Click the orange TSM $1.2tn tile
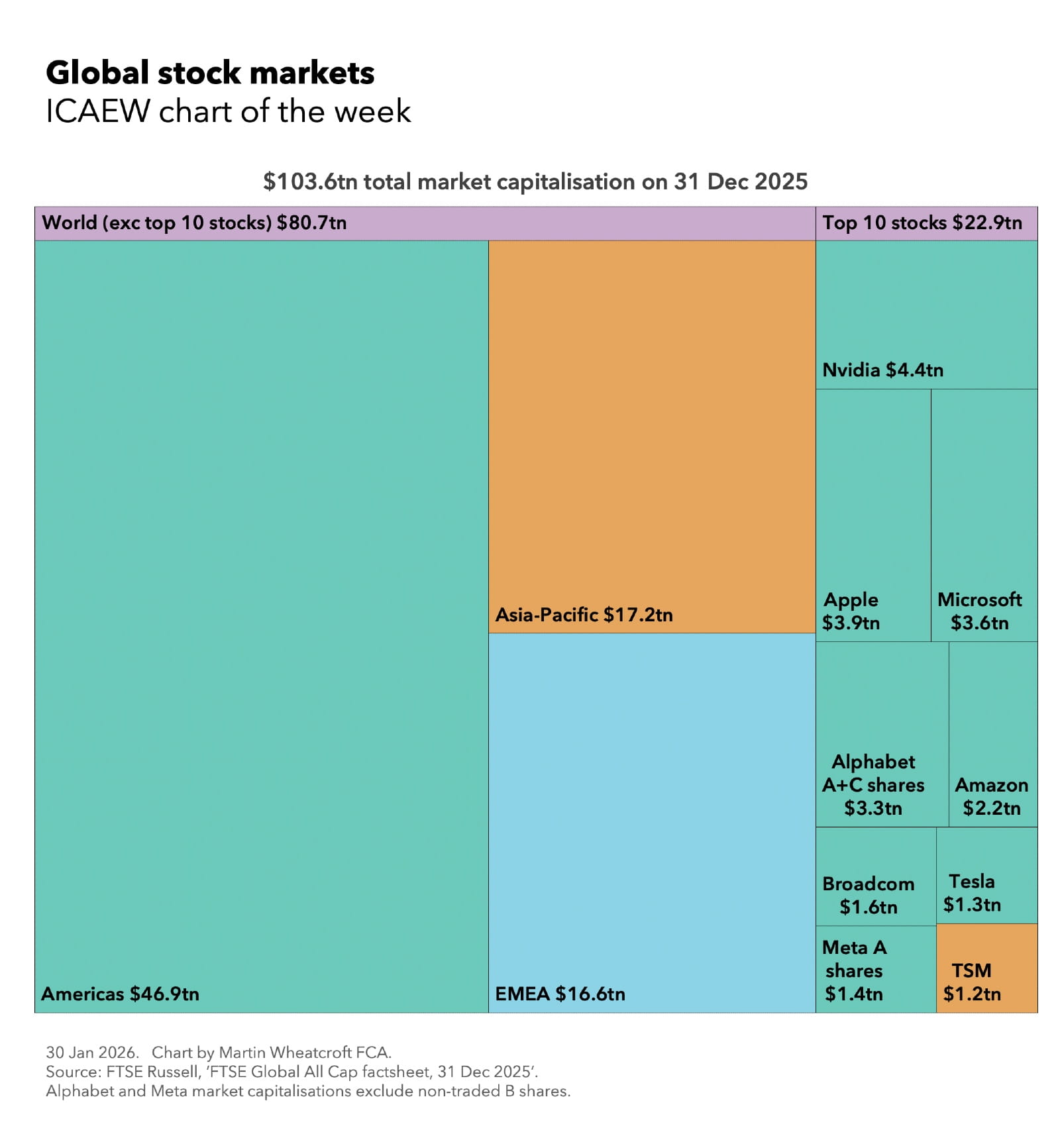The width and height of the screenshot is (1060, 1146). (986, 967)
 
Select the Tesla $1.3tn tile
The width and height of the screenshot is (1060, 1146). (986, 874)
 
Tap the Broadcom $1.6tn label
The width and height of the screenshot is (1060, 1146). (868, 895)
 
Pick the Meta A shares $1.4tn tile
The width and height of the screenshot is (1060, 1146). (874, 968)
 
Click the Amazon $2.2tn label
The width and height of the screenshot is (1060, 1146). (991, 796)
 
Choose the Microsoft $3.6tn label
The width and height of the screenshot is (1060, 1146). (979, 610)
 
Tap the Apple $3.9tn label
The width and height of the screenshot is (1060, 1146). (851, 610)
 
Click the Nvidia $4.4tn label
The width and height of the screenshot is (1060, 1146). (882, 370)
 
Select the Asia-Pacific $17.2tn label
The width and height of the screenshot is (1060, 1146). (584, 614)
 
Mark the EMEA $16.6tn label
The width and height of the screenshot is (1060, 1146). (560, 993)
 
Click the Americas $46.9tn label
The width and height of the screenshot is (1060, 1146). (120, 993)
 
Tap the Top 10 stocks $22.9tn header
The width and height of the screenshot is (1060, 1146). (922, 223)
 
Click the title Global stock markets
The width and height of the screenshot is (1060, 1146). (210, 73)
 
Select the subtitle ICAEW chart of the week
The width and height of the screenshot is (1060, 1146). (228, 111)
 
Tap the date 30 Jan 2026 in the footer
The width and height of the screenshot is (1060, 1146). (91, 1052)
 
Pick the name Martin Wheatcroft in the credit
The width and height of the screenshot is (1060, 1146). (286, 1052)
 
